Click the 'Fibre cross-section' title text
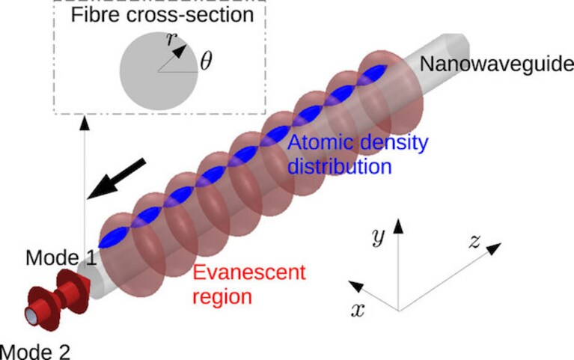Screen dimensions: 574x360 tap(162, 16)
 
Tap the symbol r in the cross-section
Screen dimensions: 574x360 tap(171, 38)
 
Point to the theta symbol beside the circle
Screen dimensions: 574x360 tap(206, 61)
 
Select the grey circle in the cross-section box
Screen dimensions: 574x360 tap(159, 71)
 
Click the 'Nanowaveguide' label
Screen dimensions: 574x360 tap(497, 64)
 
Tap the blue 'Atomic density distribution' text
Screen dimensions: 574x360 tap(358, 154)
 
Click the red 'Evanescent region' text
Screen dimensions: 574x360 tap(249, 284)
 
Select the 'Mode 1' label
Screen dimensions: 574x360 tap(61, 257)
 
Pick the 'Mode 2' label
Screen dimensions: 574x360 tap(35, 352)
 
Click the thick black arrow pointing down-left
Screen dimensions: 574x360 tap(117, 179)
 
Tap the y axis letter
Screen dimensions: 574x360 tap(378, 237)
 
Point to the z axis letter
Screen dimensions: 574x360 tap(474, 242)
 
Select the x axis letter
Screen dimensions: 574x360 tap(358, 310)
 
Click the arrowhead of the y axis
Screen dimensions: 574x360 tap(398, 225)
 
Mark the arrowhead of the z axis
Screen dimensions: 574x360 tap(494, 248)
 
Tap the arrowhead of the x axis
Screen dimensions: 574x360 tap(355, 286)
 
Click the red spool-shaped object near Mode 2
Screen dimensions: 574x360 tap(58, 299)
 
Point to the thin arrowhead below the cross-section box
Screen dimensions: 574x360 tap(85, 123)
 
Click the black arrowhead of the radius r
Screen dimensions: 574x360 tap(180, 51)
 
